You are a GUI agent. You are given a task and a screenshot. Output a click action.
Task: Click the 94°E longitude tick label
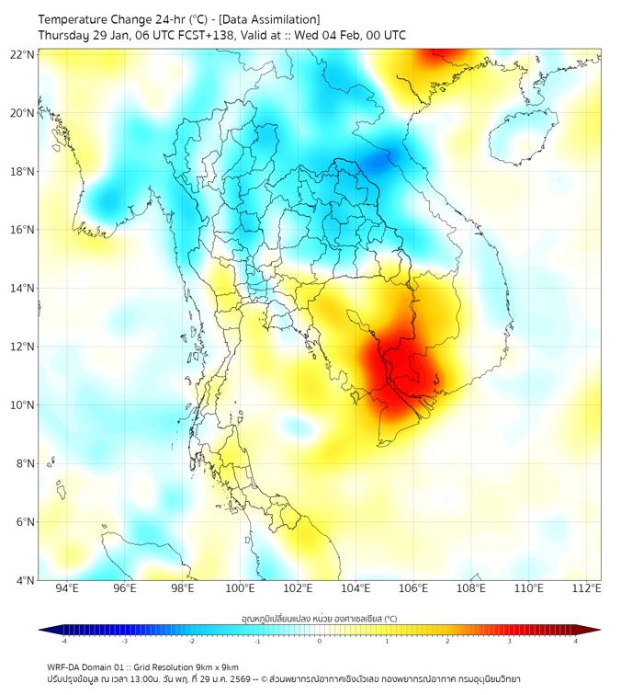67,589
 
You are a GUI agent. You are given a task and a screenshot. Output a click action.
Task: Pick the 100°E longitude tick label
240,589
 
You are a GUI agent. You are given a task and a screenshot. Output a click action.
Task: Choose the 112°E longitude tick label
586,589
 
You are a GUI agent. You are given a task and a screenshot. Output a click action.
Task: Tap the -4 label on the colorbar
63,641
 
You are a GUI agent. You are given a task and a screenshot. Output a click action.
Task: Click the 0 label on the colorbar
320,641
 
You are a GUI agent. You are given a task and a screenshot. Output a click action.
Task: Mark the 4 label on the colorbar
576,641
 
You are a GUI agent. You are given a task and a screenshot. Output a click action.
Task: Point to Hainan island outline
518,138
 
